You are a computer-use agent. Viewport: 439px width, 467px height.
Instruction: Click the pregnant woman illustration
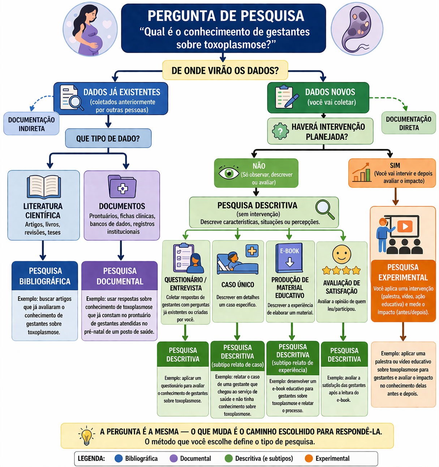90,30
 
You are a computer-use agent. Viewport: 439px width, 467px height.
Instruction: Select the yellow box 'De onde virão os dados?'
225,70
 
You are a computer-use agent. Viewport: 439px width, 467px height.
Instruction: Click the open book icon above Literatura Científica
44,186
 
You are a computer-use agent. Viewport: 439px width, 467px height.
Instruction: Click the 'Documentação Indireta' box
31,124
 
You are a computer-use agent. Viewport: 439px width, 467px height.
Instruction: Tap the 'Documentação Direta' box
408,123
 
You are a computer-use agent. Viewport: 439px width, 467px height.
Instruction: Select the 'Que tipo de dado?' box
108,138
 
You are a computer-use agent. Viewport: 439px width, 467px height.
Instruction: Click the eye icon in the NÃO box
229,173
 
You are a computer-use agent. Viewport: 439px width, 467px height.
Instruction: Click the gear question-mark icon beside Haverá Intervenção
280,131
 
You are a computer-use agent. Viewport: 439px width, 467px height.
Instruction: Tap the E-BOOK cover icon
289,258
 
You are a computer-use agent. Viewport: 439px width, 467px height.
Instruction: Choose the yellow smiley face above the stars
341,254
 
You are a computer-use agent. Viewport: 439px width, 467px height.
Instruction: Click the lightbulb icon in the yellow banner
86,436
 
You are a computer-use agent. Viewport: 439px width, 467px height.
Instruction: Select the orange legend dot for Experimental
309,458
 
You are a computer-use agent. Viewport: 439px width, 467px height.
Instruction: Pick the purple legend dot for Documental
173,458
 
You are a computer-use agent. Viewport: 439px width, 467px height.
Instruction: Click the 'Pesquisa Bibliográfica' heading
45,276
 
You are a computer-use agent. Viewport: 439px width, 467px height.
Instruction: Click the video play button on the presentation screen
405,226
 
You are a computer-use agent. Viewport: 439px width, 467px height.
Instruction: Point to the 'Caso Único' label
238,285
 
